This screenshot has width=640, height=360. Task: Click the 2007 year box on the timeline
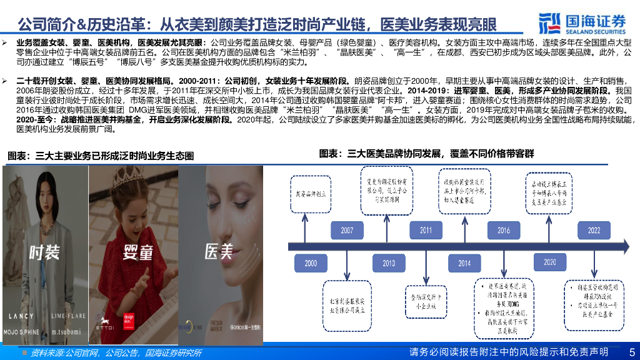tap(347, 231)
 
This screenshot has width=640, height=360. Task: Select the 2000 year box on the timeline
tap(311, 263)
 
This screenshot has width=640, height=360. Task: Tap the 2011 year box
tap(426, 231)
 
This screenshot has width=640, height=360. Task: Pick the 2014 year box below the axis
tap(464, 263)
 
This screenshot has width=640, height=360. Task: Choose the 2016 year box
tap(504, 231)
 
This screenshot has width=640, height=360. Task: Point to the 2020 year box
tap(550, 262)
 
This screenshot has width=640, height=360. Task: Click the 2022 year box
tap(594, 231)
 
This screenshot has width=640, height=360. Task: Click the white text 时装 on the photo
tap(44, 252)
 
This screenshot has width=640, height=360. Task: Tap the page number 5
tap(631, 352)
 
